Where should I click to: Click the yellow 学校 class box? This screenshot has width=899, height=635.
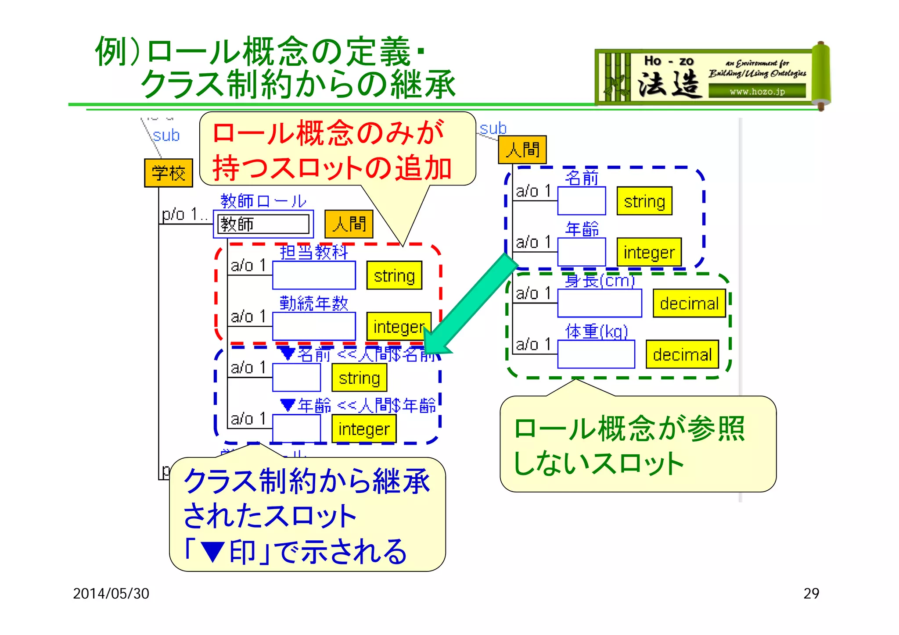pos(169,173)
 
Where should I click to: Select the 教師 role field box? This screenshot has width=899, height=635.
pos(263,224)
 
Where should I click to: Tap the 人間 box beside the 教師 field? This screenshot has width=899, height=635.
pos(349,224)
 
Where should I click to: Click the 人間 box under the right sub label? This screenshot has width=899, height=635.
pos(522,150)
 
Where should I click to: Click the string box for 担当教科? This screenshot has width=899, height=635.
pos(394,275)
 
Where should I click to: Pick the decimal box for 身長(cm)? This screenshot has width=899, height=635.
pos(689,303)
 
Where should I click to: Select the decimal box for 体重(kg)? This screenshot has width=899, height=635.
pos(682,354)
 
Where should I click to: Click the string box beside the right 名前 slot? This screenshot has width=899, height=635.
pos(644,201)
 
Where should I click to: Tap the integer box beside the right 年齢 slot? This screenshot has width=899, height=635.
pos(649,252)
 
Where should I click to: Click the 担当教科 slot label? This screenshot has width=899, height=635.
pos(314,252)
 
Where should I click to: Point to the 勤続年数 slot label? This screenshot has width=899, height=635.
pos(314,303)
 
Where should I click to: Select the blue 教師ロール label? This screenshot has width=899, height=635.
pos(263,201)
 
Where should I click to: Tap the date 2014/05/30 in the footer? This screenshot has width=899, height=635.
pos(111,593)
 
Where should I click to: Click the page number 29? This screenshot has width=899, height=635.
pos(811,593)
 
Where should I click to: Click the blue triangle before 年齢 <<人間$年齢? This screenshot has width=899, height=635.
pos(288,405)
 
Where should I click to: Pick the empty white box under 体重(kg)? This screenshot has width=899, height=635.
pos(596,354)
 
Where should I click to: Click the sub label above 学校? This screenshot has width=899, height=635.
pos(166,136)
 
